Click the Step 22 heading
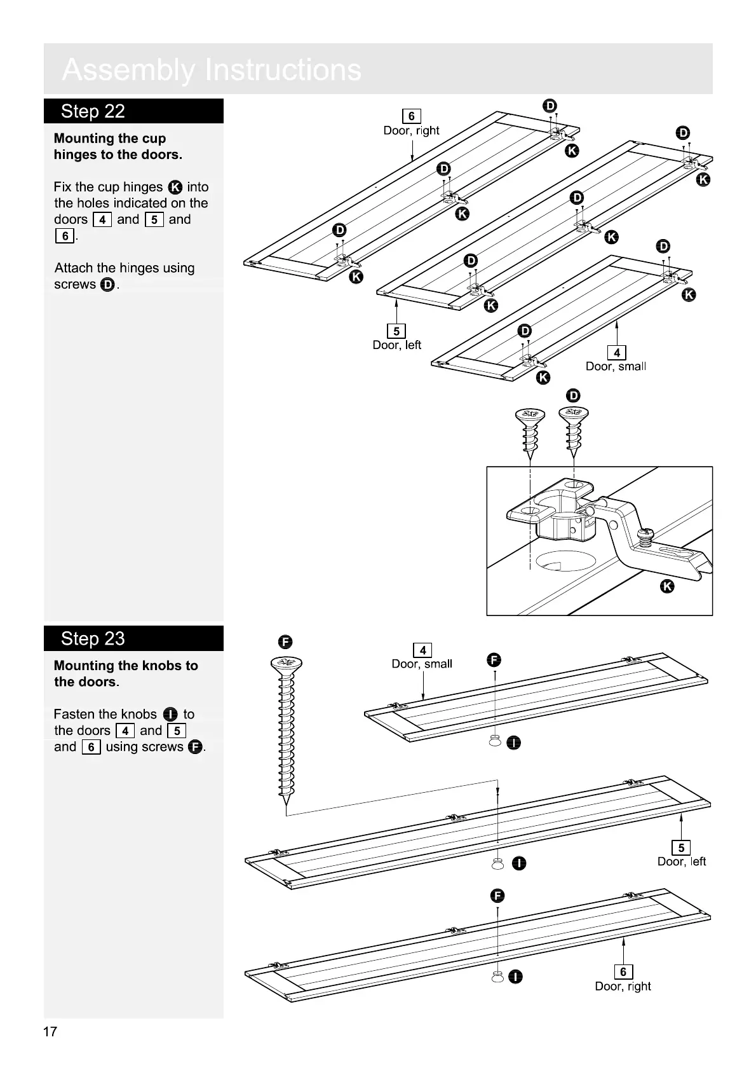93,111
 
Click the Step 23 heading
93,638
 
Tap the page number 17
50,1031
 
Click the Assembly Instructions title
212,70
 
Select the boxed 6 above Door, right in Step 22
412,116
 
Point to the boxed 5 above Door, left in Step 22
396,331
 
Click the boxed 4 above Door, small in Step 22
616,352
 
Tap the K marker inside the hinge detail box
667,586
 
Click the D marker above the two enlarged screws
573,395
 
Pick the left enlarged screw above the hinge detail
530,432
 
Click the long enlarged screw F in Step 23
287,731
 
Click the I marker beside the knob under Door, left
519,863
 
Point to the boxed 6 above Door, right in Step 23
623,971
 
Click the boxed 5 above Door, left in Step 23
681,847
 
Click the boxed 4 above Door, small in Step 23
422,650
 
